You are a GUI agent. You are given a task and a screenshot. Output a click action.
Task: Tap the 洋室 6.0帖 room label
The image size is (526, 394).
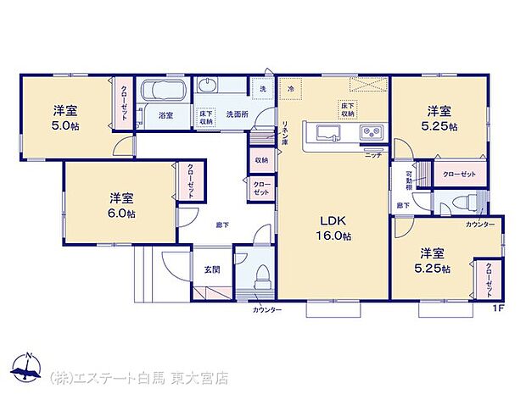coord(120,206)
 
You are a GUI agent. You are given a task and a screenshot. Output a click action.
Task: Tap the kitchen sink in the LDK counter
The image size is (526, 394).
coord(329,133)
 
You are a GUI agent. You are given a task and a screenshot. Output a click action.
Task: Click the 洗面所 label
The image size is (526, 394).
coord(235,114)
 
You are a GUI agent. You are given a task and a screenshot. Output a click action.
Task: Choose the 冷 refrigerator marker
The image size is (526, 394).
coord(290,88)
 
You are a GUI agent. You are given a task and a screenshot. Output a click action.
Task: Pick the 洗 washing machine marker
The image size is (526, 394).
coord(262,88)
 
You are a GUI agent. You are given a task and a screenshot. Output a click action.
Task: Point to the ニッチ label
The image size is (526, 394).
coord(373,155)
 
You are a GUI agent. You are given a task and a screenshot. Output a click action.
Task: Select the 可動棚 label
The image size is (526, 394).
coord(409,180)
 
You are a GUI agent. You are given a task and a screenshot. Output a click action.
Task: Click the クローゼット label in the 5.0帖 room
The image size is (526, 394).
coord(123,103)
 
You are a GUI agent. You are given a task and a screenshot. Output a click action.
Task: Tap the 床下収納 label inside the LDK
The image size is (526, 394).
coord(348,108)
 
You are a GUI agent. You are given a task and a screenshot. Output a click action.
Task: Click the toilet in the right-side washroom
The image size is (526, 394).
coord(464,203)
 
